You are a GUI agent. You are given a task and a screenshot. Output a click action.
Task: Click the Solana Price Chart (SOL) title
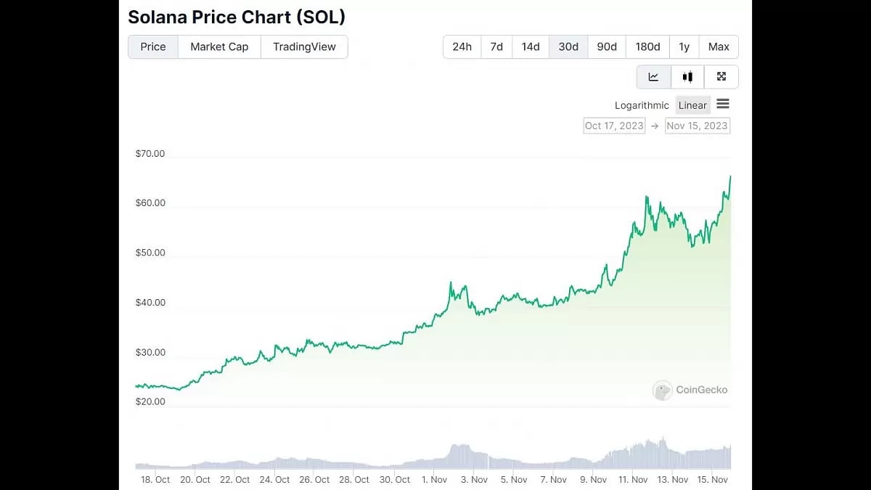[x=236, y=17]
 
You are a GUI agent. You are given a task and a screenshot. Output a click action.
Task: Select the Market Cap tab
[x=219, y=46]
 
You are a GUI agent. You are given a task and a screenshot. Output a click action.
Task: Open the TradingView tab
[x=304, y=46]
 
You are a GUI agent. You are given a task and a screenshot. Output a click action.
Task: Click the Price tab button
[x=153, y=46]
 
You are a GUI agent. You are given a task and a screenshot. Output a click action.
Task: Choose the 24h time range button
[x=462, y=46]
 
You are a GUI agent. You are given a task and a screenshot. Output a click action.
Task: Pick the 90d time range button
[x=607, y=46]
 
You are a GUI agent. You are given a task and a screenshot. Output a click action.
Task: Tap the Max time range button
[x=719, y=46]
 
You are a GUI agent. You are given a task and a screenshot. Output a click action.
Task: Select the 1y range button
[x=684, y=46]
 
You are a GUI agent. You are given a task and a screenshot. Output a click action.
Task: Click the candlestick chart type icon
[x=687, y=77]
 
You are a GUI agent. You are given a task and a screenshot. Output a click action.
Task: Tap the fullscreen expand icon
[x=721, y=77]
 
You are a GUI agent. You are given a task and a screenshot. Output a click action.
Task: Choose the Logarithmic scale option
[x=642, y=105]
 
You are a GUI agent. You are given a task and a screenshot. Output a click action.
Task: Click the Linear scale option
[x=692, y=105]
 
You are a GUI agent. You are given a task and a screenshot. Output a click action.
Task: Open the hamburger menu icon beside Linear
[x=723, y=105]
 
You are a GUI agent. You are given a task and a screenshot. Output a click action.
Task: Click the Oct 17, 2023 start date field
[x=614, y=126]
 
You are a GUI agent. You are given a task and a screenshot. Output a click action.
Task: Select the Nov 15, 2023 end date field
[x=697, y=126]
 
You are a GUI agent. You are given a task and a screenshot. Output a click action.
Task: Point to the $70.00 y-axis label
[x=150, y=154]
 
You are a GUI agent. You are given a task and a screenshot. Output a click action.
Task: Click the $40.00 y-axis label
[x=150, y=303]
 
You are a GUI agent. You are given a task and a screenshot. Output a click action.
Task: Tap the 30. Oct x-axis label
[x=395, y=480]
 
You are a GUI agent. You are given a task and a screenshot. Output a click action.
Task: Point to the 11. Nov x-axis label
[x=633, y=480]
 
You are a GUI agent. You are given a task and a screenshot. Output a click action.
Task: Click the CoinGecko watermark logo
[x=690, y=390]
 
